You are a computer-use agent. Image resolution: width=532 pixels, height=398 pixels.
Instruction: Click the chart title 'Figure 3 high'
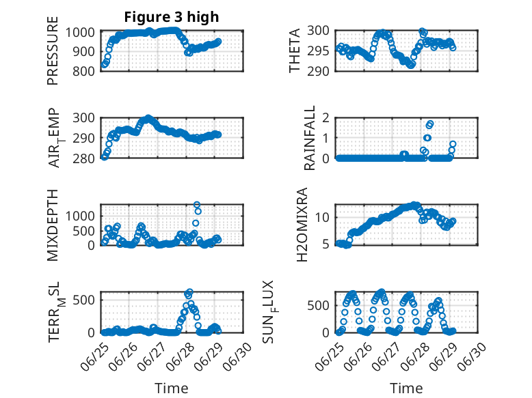point(172,17)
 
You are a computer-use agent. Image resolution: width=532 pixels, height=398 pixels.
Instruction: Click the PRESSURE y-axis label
point(53,51)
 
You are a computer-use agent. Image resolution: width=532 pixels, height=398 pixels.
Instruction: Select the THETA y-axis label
point(295,51)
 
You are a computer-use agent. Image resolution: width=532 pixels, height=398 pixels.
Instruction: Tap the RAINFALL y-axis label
point(310,138)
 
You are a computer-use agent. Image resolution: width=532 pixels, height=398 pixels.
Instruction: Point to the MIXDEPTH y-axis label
point(53,225)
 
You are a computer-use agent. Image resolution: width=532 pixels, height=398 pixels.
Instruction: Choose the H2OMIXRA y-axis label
point(302,225)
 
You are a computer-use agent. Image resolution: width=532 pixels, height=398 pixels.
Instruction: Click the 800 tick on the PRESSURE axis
point(84,71)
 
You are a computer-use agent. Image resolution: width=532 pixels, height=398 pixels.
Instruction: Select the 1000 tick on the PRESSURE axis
point(80,33)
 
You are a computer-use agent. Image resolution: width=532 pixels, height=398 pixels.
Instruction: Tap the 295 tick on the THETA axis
point(318,51)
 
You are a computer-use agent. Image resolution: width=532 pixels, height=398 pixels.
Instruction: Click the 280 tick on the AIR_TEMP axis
point(84,158)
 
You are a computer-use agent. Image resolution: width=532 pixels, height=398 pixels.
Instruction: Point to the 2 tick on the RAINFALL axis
point(326,118)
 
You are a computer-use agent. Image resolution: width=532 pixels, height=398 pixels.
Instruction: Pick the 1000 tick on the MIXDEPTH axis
point(80,216)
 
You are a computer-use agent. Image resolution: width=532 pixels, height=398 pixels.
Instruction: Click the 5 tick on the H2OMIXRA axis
point(326,244)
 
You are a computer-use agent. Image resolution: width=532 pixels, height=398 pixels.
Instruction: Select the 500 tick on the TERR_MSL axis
point(84,300)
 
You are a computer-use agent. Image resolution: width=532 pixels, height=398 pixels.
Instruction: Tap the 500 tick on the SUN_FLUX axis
point(318,306)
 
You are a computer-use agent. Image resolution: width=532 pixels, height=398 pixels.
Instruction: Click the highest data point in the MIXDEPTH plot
point(197,205)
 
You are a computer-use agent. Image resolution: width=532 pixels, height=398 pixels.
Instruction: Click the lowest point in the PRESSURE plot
point(104,65)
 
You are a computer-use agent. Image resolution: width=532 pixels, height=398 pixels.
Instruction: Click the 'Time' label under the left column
point(172,388)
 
